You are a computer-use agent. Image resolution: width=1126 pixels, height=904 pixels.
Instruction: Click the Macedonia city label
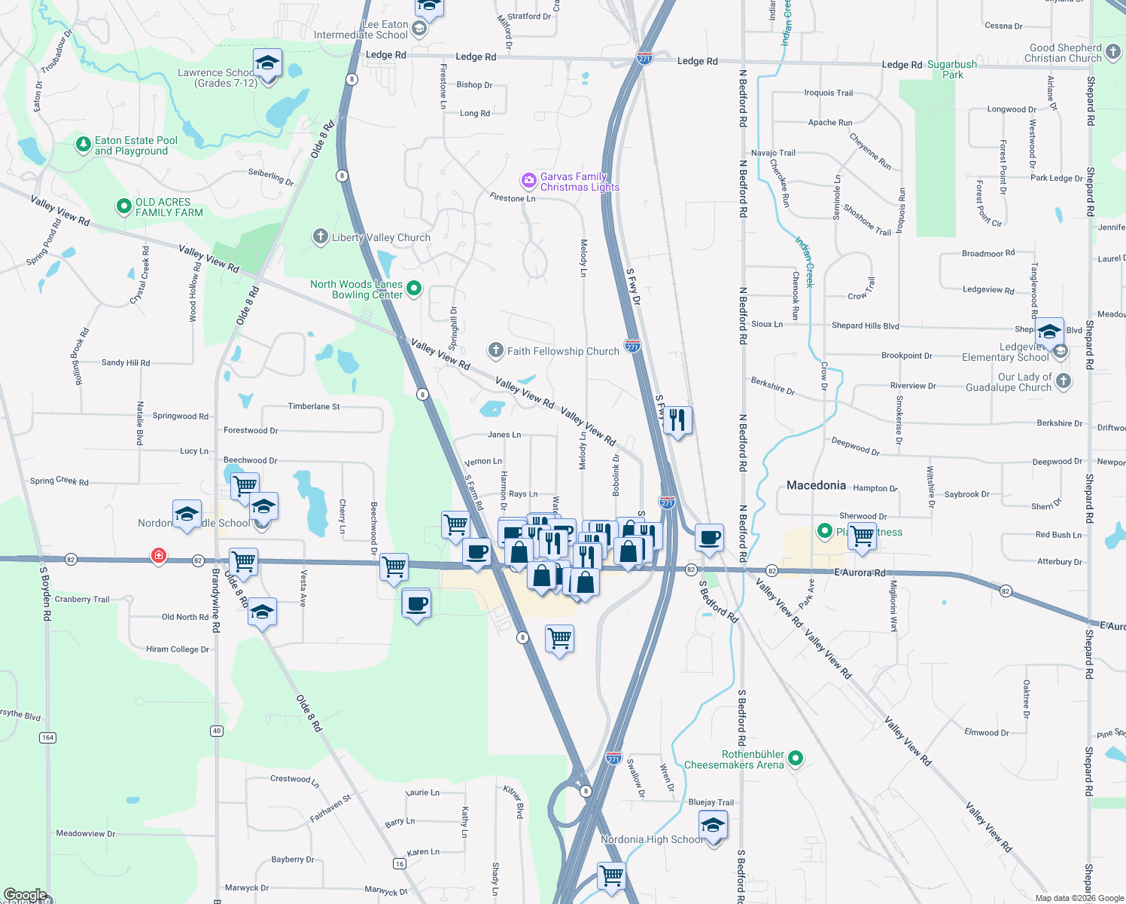816,486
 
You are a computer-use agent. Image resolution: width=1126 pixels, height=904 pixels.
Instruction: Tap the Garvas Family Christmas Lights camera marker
528,181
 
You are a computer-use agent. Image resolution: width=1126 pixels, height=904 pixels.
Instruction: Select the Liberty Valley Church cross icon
321,237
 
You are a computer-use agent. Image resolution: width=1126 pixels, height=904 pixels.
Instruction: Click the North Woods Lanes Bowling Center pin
413,289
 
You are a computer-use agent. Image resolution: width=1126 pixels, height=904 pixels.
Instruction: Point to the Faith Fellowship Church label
563,351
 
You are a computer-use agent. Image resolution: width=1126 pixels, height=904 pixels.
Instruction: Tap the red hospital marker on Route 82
158,557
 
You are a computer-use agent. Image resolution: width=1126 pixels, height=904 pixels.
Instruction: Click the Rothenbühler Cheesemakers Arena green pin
796,759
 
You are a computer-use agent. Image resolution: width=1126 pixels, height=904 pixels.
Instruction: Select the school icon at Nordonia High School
712,825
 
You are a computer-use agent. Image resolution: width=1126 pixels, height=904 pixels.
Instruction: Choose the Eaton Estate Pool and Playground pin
84,145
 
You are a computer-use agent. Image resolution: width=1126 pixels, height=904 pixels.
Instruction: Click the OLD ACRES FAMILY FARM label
169,207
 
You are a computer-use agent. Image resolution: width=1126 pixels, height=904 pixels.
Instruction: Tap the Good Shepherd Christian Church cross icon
1113,53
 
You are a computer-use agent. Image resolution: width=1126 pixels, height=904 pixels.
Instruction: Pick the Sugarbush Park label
952,69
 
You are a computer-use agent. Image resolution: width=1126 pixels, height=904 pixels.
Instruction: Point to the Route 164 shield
48,738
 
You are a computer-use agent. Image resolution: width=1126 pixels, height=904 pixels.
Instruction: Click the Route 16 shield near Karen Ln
400,863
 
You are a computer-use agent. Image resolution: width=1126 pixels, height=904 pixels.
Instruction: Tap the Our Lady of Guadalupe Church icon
1063,381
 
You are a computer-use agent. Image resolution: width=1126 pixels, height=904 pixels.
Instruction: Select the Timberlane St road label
314,406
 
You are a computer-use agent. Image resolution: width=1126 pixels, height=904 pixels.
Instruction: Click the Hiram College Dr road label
178,649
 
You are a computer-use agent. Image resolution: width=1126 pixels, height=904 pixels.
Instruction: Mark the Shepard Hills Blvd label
865,325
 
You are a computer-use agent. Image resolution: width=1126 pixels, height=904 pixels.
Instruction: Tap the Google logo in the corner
25,895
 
